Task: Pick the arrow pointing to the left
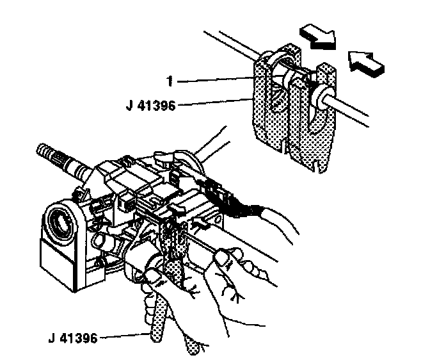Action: [367, 62]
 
